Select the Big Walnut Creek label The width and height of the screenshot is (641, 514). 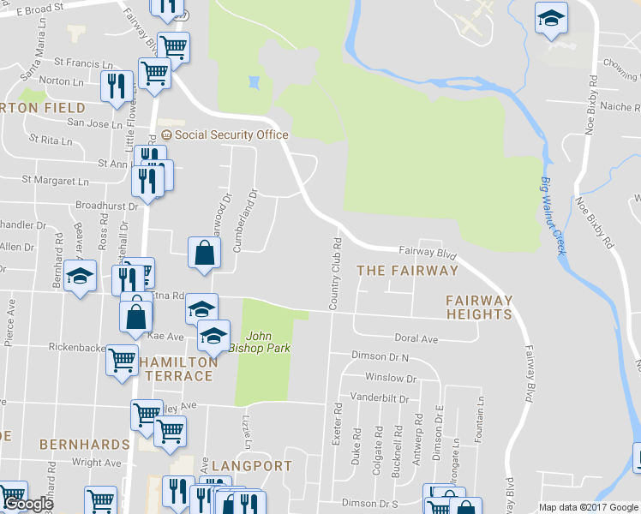[x=554, y=214]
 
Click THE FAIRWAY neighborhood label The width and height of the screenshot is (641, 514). [x=407, y=271]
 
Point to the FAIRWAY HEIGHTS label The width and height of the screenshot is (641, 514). [x=479, y=308]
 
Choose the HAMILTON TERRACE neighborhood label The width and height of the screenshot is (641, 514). [x=178, y=369]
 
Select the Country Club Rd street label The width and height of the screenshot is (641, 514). [x=336, y=273]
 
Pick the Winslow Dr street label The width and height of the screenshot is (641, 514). [x=390, y=378]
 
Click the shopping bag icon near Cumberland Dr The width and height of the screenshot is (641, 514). [x=203, y=253]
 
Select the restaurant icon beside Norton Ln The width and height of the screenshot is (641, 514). [x=116, y=86]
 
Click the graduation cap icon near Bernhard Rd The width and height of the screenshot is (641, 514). [x=81, y=277]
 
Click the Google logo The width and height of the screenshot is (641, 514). [x=27, y=505]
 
